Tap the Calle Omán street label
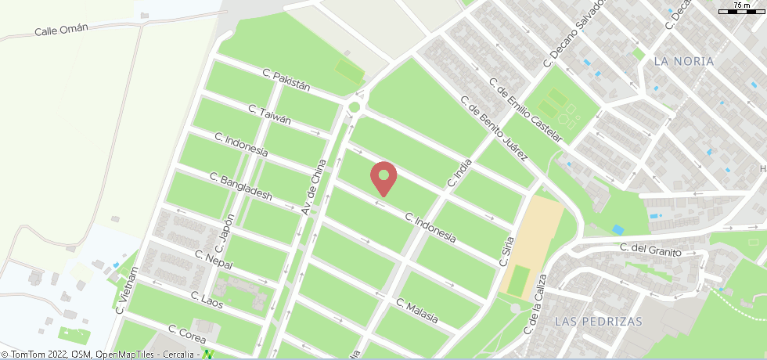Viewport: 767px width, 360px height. click(61, 30)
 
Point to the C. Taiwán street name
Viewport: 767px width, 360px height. click(269, 114)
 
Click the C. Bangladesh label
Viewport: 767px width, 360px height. click(241, 186)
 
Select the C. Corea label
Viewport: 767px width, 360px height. click(187, 334)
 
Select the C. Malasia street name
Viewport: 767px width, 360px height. click(416, 312)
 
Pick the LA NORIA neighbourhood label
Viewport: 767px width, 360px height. click(683, 61)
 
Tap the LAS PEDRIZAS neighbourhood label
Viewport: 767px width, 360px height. click(597, 322)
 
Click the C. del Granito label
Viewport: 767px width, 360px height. click(650, 250)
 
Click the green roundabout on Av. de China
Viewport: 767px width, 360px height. click(355, 107)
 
